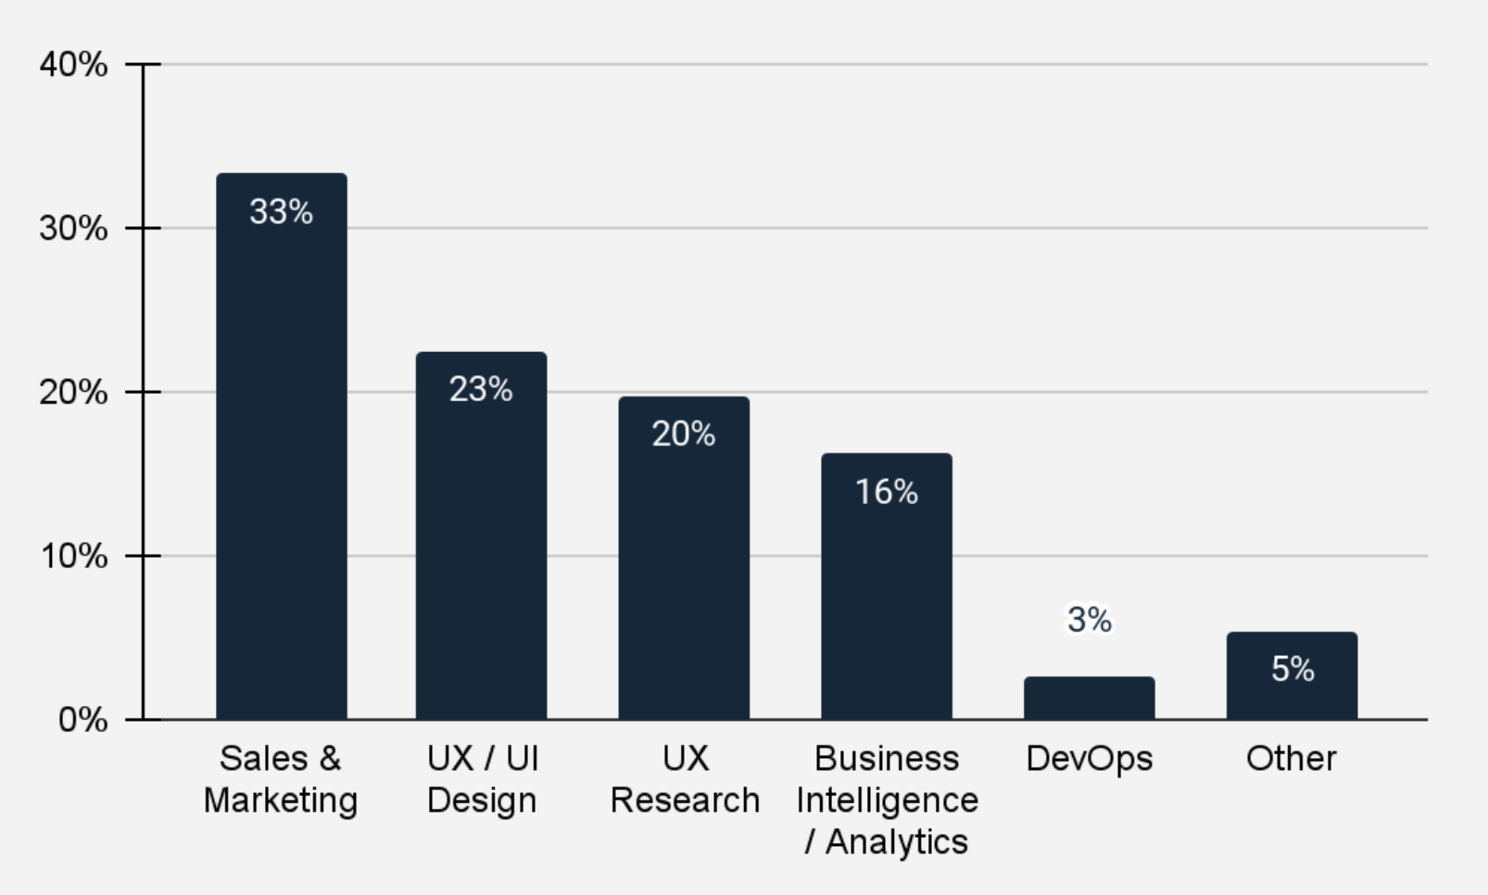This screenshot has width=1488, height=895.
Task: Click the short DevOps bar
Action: (1089, 699)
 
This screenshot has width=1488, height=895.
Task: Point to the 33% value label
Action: (282, 212)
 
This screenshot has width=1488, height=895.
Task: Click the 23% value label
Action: (481, 389)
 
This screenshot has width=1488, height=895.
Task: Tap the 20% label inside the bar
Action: (684, 434)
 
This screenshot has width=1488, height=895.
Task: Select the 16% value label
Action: (887, 491)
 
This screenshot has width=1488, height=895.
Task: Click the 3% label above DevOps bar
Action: (1089, 619)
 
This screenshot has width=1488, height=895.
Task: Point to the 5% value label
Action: (1292, 668)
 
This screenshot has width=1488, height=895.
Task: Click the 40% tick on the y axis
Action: (73, 65)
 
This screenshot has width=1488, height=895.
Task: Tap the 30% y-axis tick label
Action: (73, 228)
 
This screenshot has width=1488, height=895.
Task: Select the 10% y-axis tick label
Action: (73, 556)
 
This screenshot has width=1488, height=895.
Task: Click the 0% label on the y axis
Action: (82, 720)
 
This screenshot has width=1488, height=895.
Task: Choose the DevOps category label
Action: (1089, 759)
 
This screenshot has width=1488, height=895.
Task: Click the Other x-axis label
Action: (1292, 759)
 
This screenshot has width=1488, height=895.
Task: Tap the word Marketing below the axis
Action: (281, 800)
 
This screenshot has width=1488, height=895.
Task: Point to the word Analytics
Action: (896, 842)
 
